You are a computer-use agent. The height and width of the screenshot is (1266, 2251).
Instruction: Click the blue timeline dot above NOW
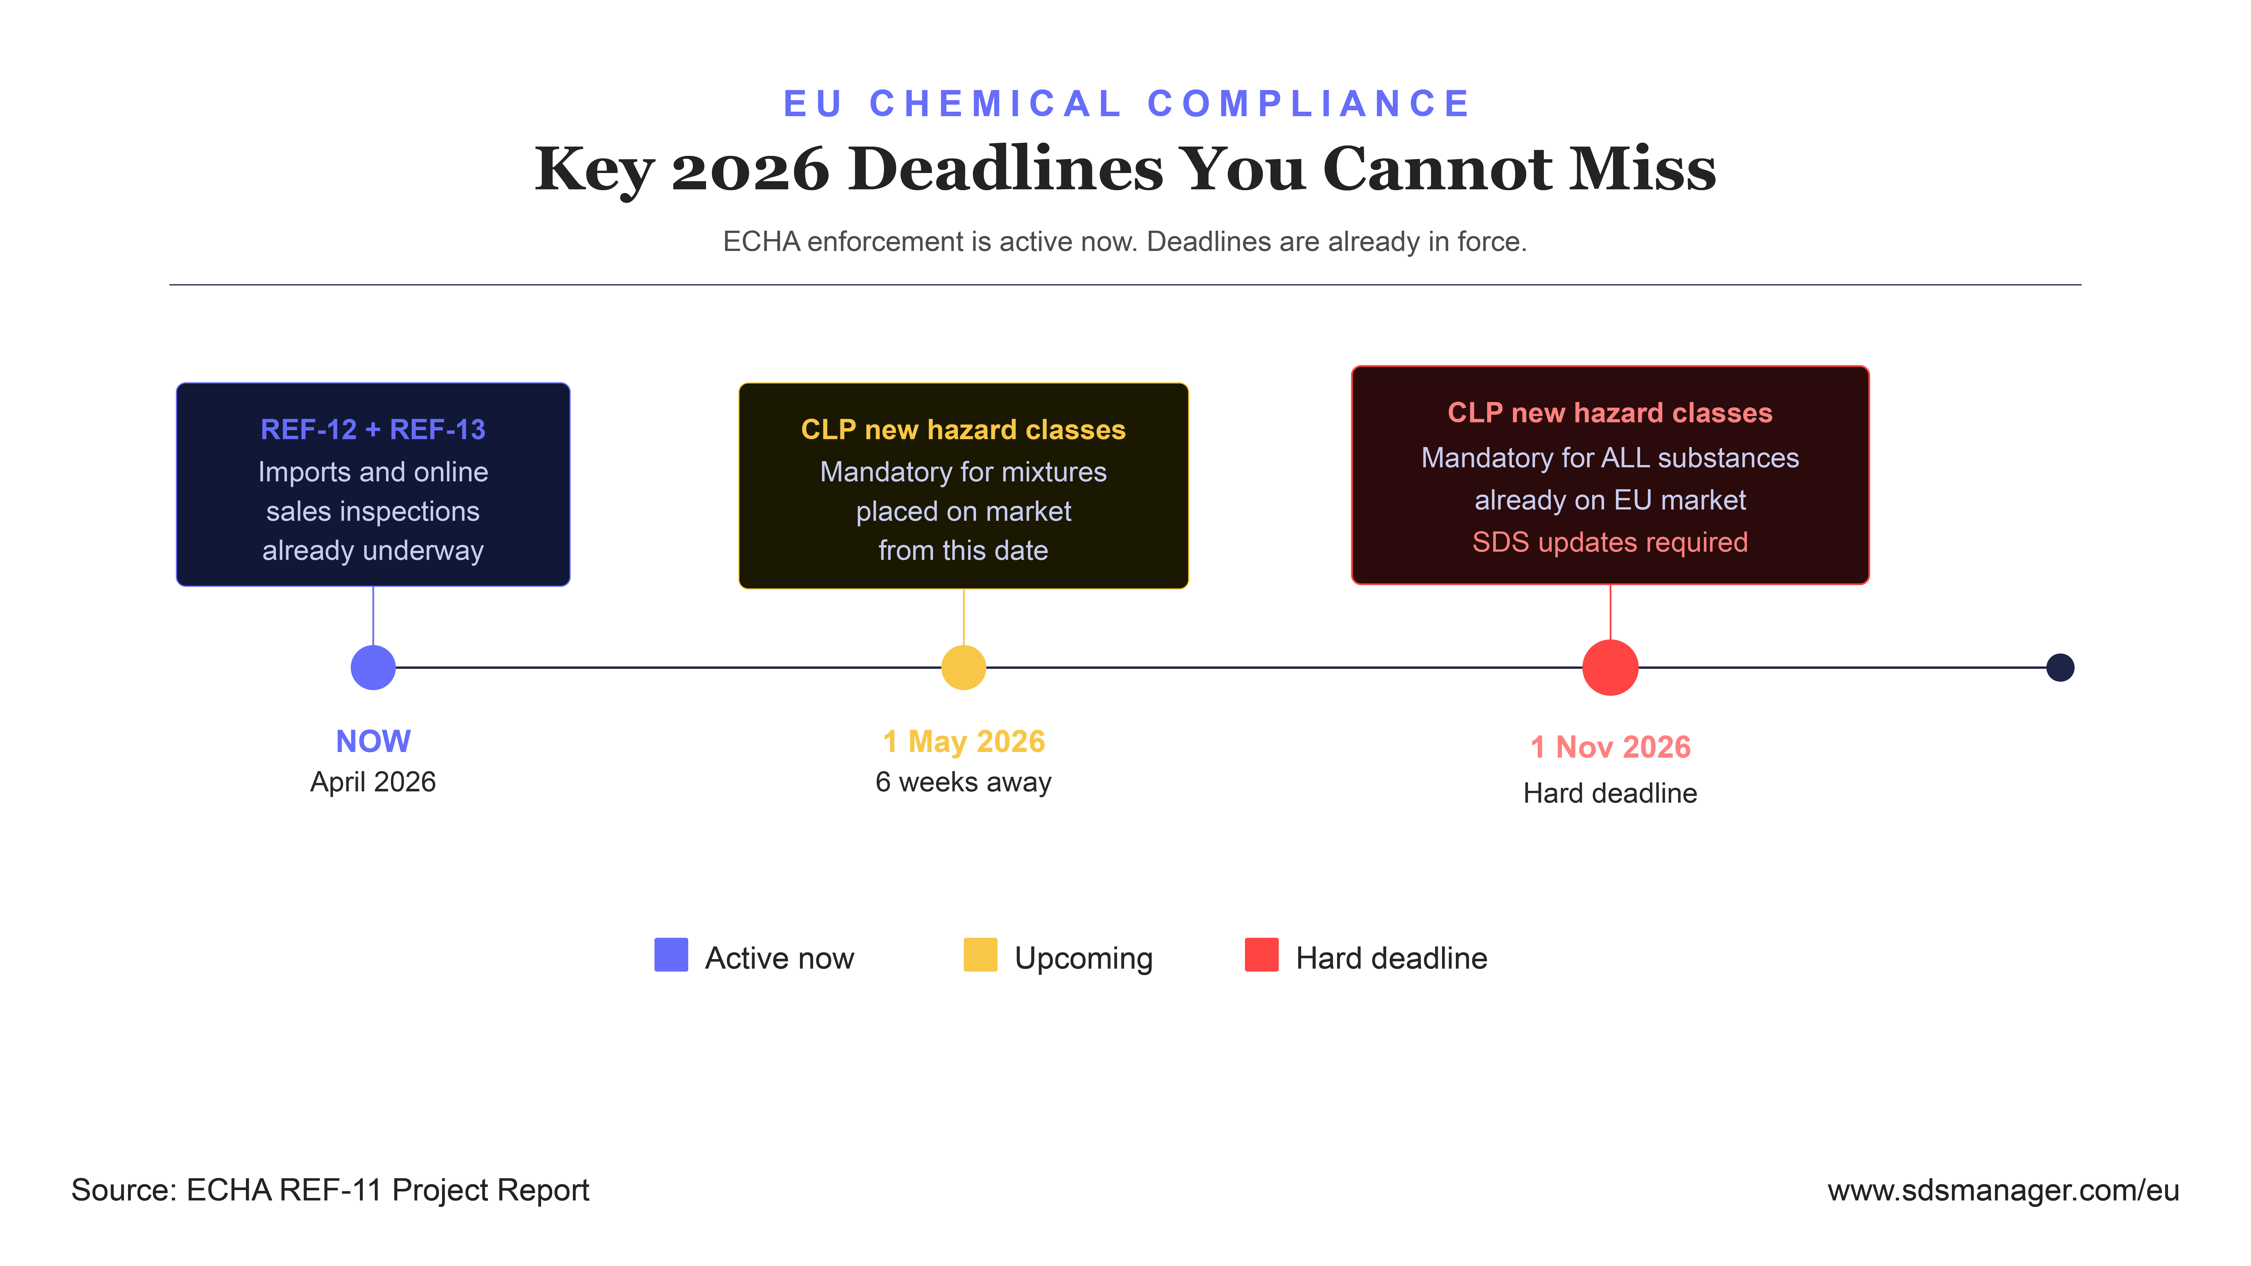coord(373,668)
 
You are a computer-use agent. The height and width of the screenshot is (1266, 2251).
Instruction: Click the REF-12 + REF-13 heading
coord(373,430)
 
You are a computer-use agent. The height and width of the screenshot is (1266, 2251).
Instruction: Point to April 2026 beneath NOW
coord(373,782)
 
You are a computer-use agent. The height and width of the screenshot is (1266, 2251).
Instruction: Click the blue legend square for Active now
coord(671,955)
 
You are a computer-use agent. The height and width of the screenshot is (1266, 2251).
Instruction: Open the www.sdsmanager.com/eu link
coord(2003,1190)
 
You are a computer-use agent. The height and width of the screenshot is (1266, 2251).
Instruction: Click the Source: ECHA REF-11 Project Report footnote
coord(330,1190)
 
